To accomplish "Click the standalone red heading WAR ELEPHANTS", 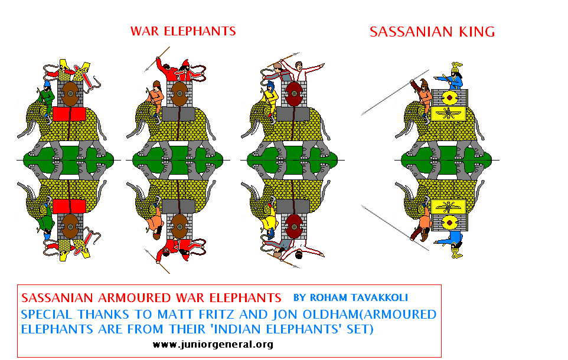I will [x=183, y=31].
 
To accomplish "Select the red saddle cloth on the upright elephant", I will [x=69, y=114].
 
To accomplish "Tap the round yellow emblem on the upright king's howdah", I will [x=450, y=97].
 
